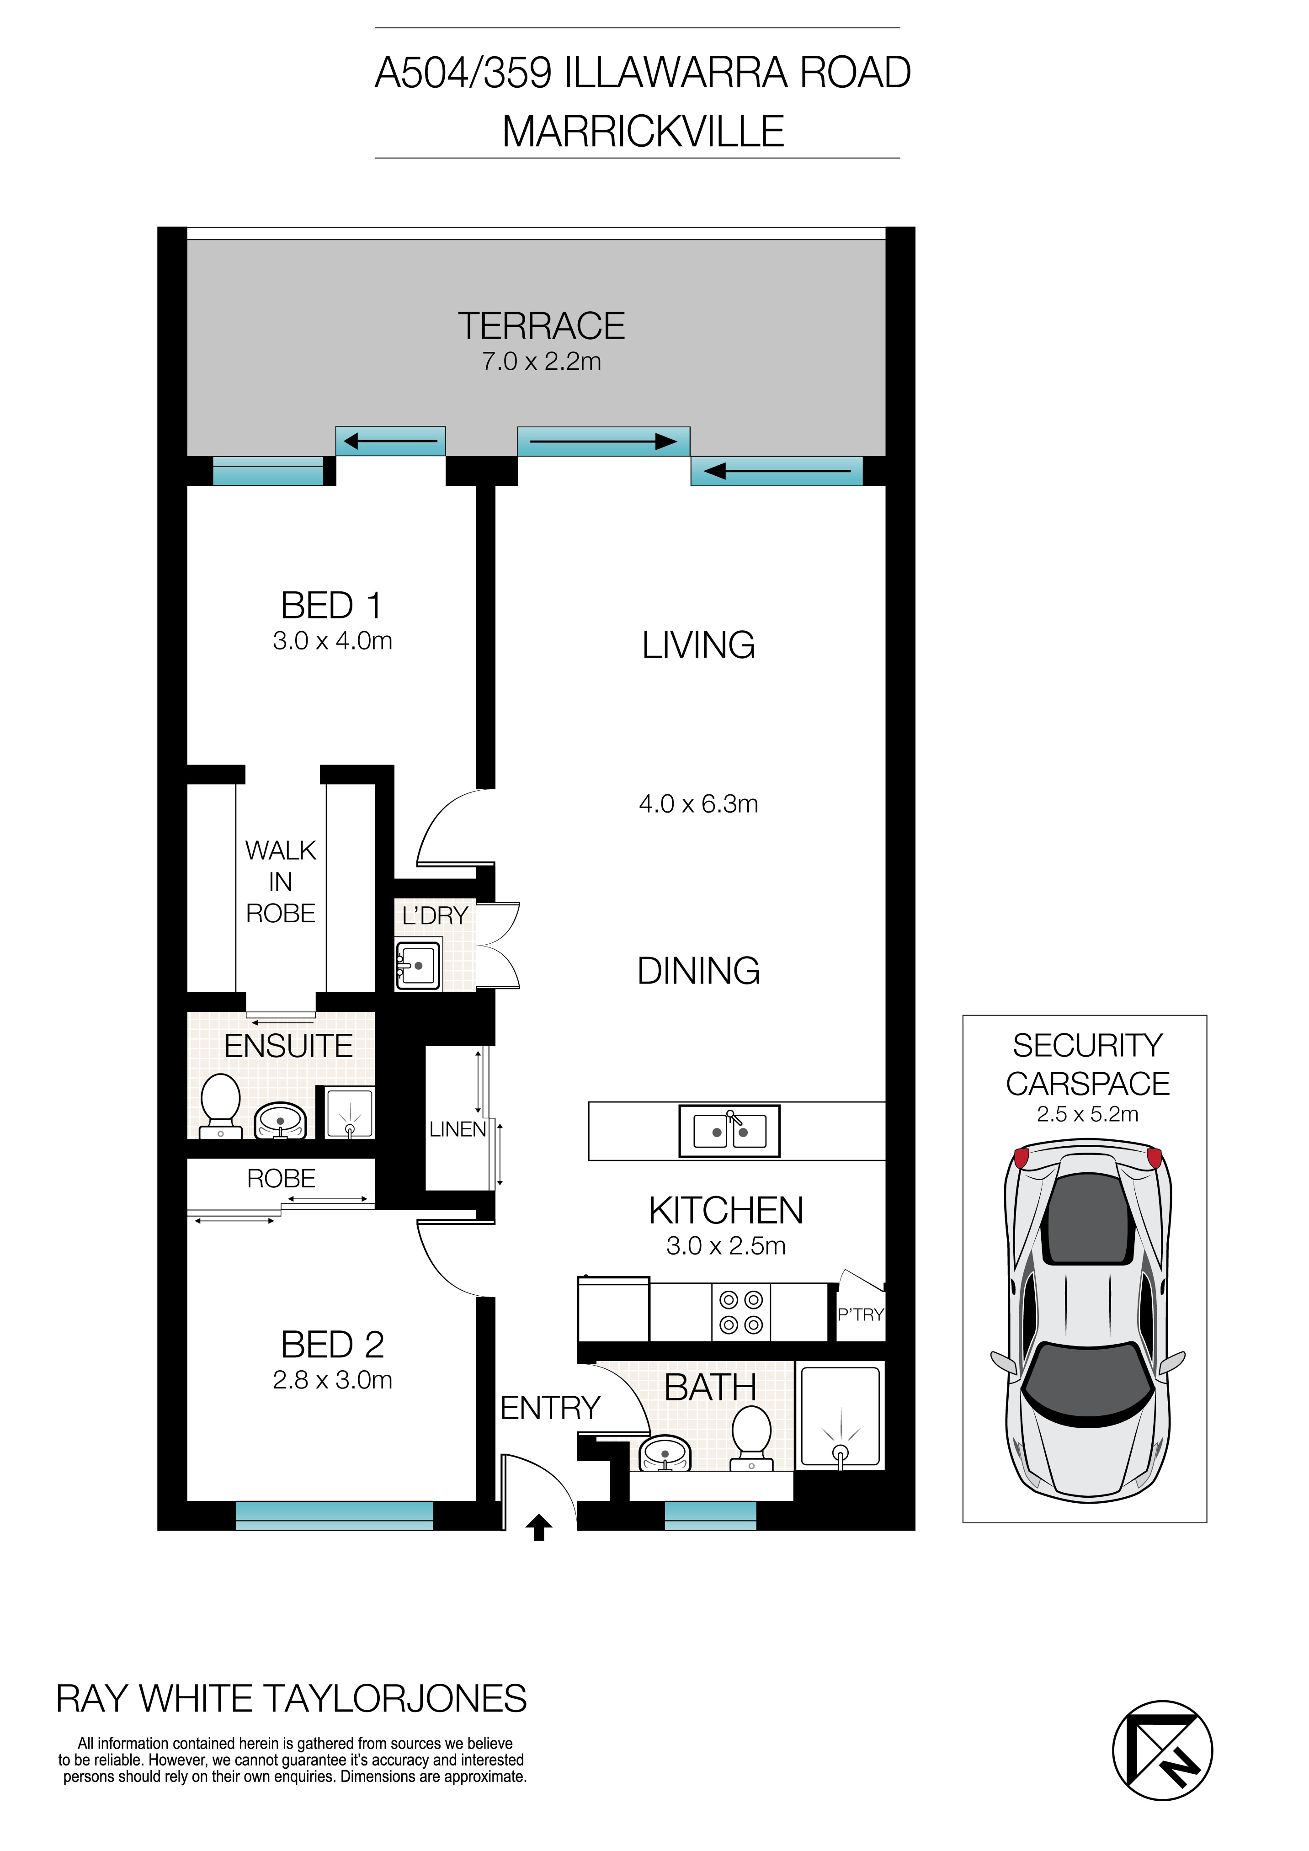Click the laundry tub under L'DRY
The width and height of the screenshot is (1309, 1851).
pyautogui.click(x=418, y=965)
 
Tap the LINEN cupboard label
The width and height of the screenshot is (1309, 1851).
pyautogui.click(x=457, y=1129)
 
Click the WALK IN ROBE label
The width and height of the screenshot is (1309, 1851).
pyautogui.click(x=281, y=882)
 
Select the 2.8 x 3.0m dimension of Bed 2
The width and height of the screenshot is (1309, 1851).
pyautogui.click(x=332, y=1380)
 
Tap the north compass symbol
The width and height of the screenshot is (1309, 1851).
pyautogui.click(x=1161, y=1751)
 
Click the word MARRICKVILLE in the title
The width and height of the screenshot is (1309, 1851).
pyautogui.click(x=643, y=132)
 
